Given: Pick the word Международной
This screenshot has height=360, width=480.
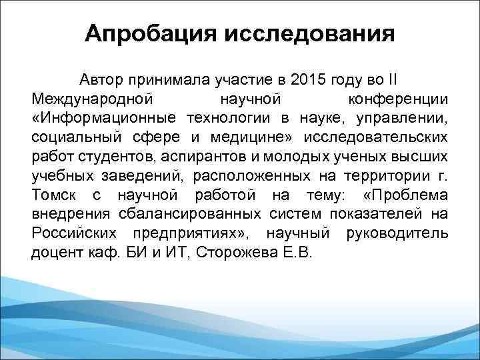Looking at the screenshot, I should pyautogui.click(x=93, y=99).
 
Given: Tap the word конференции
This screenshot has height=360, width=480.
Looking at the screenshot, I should pyautogui.click(x=399, y=99).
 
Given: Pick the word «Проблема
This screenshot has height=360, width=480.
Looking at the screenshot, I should pyautogui.click(x=407, y=196).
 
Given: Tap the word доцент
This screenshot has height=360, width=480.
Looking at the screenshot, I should pyautogui.click(x=54, y=254).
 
